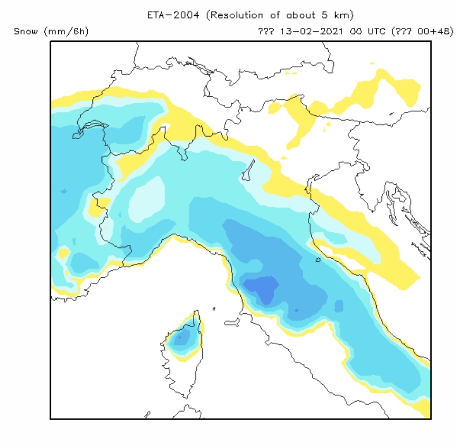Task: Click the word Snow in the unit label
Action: (25, 32)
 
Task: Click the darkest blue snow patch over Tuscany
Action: (262, 288)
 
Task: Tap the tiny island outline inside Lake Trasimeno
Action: (318, 260)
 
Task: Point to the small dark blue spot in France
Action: (63, 191)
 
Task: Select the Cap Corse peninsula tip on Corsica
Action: (196, 313)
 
